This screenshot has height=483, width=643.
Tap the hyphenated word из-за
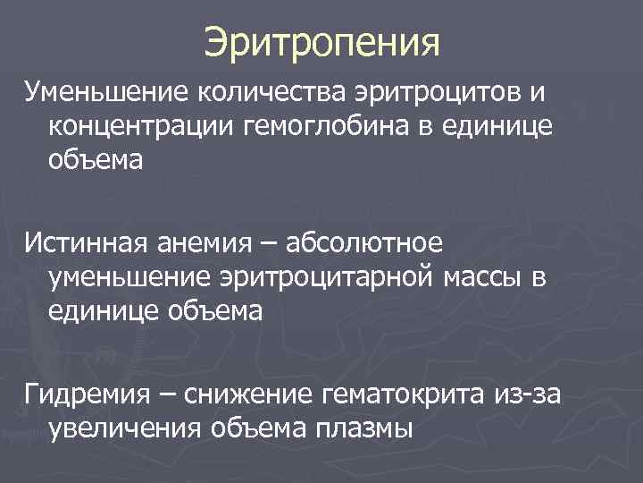[533, 393]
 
